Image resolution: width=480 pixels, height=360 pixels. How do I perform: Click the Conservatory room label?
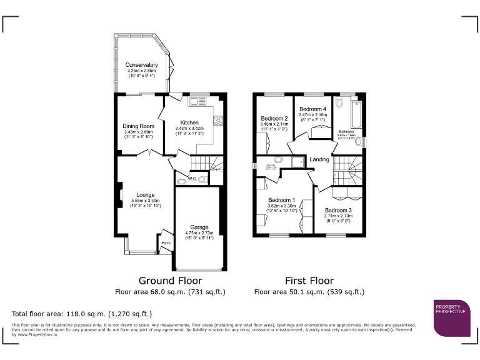141,65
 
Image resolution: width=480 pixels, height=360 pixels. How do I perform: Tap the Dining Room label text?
138,126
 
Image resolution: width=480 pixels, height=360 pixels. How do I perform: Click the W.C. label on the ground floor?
193,179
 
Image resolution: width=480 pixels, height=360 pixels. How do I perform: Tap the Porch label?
166,243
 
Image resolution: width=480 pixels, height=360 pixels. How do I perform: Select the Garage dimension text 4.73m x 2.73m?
199,233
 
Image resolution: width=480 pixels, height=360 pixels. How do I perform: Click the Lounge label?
146,195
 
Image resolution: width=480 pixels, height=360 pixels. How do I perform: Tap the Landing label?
319,160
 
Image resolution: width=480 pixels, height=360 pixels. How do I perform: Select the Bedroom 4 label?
312,109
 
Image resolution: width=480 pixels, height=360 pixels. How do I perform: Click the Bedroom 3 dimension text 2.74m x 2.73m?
337,216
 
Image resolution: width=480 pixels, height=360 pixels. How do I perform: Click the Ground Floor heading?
170,281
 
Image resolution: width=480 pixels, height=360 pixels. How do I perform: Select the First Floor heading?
309,281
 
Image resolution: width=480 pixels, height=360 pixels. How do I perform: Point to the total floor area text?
82,314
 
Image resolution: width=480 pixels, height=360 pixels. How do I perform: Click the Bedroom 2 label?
274,119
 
